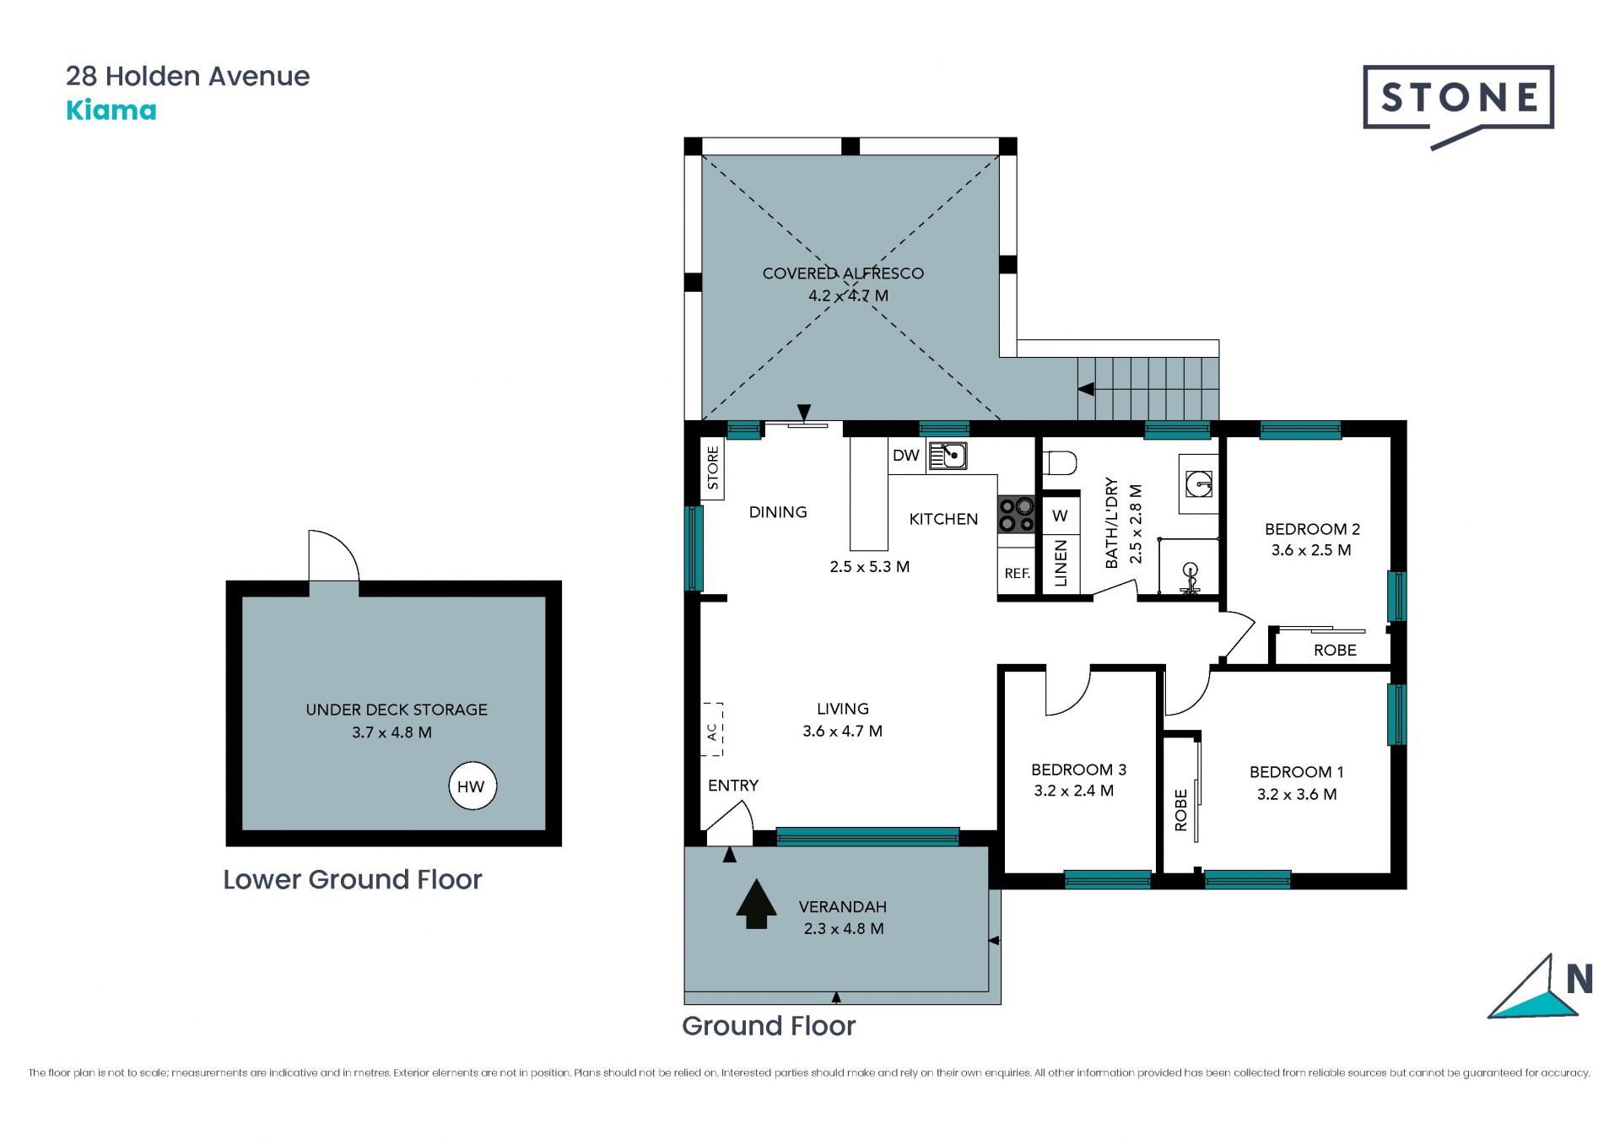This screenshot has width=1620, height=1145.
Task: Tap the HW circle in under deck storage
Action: (x=472, y=786)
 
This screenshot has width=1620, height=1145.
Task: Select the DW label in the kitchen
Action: (x=905, y=456)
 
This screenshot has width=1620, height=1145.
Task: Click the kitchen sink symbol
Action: (x=948, y=456)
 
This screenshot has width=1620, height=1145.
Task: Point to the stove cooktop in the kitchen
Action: (x=1016, y=515)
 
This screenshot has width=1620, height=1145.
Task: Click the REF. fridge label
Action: (x=1017, y=574)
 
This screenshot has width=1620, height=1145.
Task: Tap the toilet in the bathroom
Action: (x=1060, y=463)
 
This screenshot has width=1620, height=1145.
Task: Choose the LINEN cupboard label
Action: (x=1061, y=564)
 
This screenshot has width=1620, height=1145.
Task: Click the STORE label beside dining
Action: (x=713, y=468)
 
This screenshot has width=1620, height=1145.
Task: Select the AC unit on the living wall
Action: (x=712, y=729)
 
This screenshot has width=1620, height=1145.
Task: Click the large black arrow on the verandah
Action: (x=756, y=904)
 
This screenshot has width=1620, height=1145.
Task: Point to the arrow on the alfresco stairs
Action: (x=1087, y=389)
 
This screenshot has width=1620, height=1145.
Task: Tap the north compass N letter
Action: (x=1579, y=979)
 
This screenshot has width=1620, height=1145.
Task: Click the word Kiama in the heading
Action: (x=111, y=111)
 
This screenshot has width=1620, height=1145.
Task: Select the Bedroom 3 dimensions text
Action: (x=1074, y=791)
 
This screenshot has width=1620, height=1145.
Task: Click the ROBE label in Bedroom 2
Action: (x=1335, y=651)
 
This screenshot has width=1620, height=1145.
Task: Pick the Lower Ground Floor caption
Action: (x=353, y=879)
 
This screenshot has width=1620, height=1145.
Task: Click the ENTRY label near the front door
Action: (x=733, y=786)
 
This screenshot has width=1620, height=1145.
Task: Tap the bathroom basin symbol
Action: (x=1199, y=483)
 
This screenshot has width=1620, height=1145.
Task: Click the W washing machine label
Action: (x=1061, y=516)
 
